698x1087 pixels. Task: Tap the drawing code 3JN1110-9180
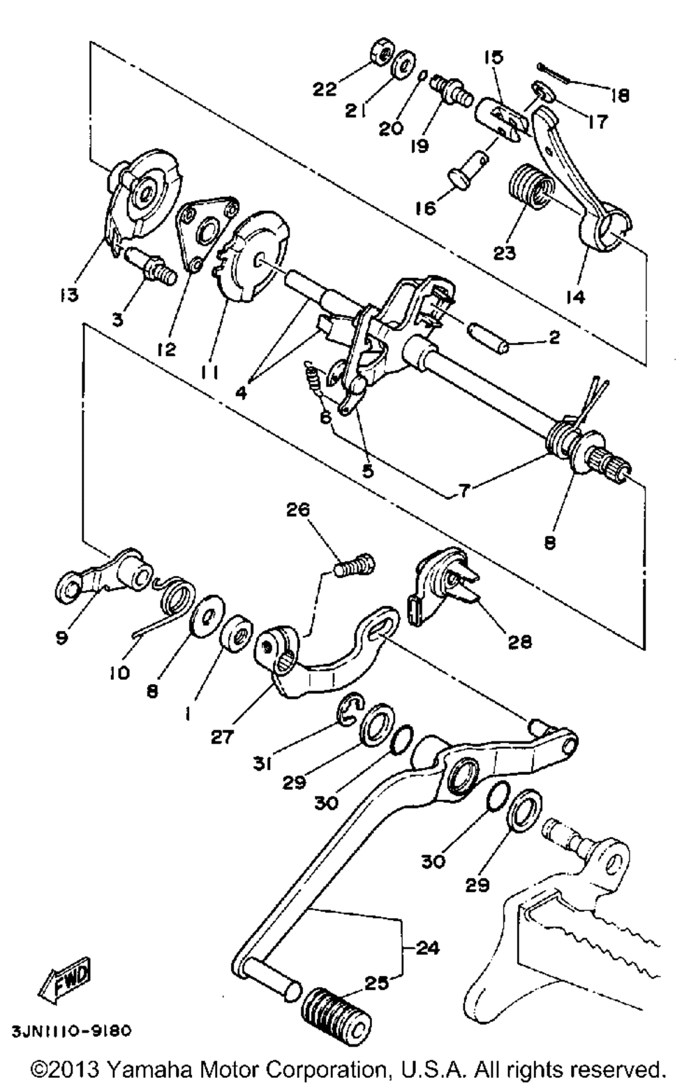[x=69, y=1030]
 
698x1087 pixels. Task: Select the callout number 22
[x=325, y=89]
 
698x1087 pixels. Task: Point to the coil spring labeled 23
[x=533, y=187]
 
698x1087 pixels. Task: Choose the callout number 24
[x=427, y=948]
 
